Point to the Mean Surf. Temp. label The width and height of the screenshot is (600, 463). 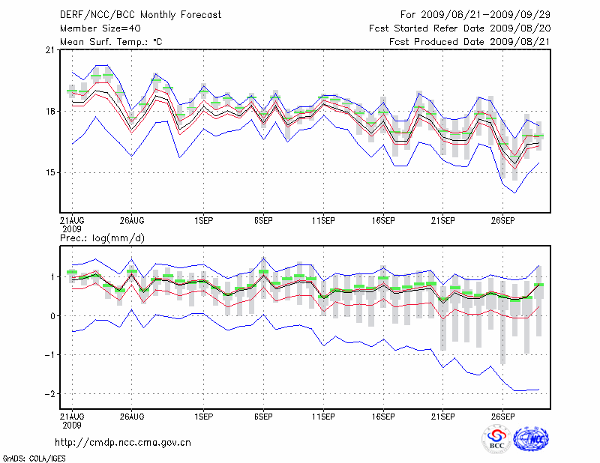click(111, 42)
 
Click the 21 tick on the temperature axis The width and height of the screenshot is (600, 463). click(50, 50)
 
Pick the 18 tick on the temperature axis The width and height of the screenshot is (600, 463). click(50, 112)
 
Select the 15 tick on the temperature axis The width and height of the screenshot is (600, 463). click(50, 173)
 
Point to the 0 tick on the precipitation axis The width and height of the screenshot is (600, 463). click(52, 316)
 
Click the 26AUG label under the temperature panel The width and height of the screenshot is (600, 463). click(131, 221)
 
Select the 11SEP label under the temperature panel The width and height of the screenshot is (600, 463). click(323, 221)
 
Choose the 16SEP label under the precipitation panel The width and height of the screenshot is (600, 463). click(383, 416)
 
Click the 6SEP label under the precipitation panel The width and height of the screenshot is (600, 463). click(263, 416)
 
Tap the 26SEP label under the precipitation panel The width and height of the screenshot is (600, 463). click(503, 416)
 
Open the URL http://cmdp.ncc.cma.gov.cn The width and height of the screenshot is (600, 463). click(123, 442)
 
